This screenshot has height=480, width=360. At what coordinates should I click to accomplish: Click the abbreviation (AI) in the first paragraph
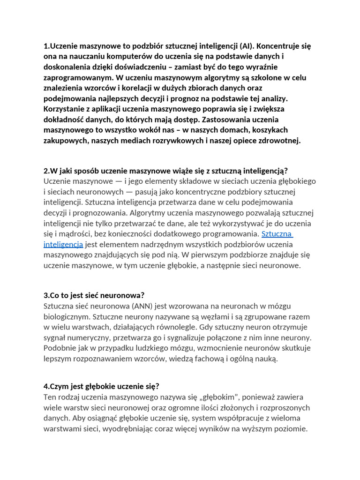(x=246, y=46)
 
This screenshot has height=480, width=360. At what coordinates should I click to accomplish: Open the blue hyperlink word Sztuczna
(x=277, y=233)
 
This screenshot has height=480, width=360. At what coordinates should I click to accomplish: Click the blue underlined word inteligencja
(x=63, y=244)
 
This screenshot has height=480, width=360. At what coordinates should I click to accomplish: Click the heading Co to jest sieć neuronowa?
(x=94, y=295)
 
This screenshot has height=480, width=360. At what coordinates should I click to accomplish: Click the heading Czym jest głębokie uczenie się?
(x=102, y=386)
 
